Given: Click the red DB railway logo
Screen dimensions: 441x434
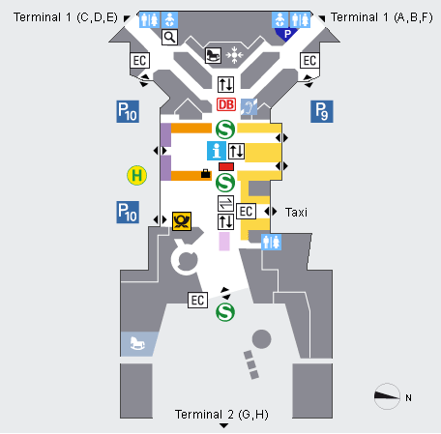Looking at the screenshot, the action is pos(226,104).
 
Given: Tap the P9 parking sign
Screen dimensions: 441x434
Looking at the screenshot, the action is pos(322,111).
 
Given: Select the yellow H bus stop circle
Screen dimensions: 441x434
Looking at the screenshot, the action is pos(137,176).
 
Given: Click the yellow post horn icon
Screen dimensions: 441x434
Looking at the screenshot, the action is pos(182,221).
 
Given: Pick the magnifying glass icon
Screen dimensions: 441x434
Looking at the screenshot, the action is pos(169,37).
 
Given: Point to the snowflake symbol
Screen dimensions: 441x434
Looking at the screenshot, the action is pos(234,55).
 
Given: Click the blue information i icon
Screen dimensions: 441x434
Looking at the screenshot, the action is pos(217,151).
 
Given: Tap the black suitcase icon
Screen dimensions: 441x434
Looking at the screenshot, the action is pos(205,174).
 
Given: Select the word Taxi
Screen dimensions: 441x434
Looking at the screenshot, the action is pos(296,213).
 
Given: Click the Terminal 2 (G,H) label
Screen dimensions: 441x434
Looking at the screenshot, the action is pos(221,415).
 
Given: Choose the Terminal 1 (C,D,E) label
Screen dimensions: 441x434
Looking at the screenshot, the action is pos(66,17).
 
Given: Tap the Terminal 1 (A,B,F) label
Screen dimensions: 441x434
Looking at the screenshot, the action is pos(382,17).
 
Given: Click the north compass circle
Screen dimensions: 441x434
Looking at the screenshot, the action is pos(387,396).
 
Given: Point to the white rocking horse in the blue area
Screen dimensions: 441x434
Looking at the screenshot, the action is pos(137,343).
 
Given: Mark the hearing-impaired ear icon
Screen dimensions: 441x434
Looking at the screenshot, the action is pos(249,106).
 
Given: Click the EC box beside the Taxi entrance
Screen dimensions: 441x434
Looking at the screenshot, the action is pos(247,212).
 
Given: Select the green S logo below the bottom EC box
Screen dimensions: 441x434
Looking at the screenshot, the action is pos(225,312).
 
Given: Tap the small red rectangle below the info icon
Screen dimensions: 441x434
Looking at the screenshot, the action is pos(226,166).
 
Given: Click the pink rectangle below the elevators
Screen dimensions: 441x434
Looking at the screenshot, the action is pos(224,241).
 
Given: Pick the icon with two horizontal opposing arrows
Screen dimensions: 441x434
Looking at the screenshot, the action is pos(225,203).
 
